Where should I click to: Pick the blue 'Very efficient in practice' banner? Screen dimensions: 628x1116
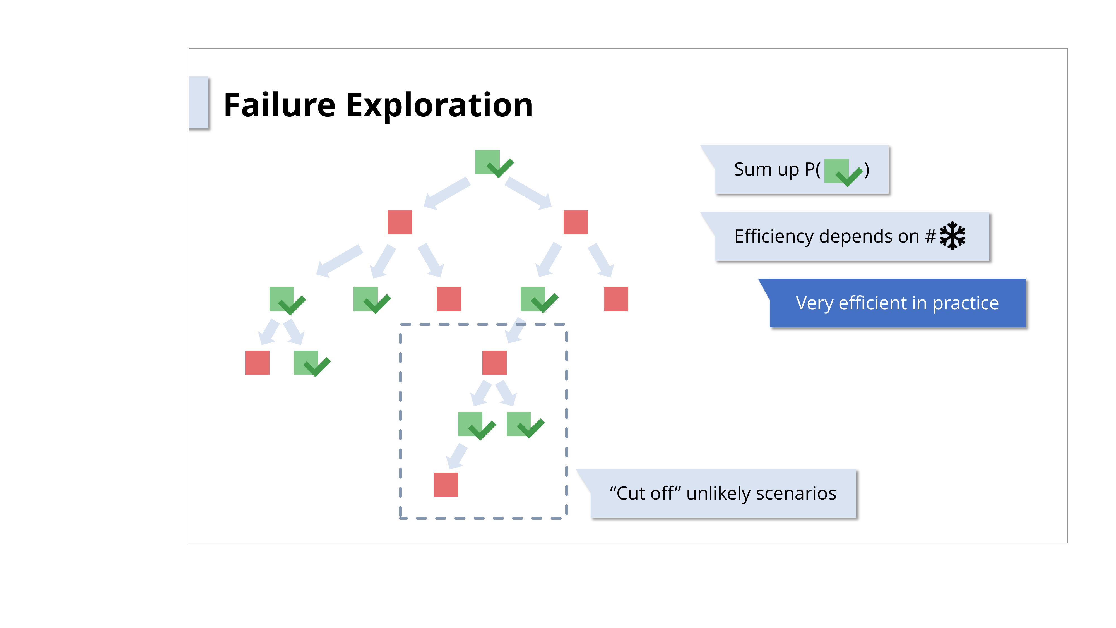coord(897,303)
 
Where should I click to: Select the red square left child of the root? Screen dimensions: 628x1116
coord(400,222)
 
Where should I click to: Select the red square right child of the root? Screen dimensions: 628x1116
coord(575,222)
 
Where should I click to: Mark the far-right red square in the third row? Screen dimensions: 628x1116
coord(616,299)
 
